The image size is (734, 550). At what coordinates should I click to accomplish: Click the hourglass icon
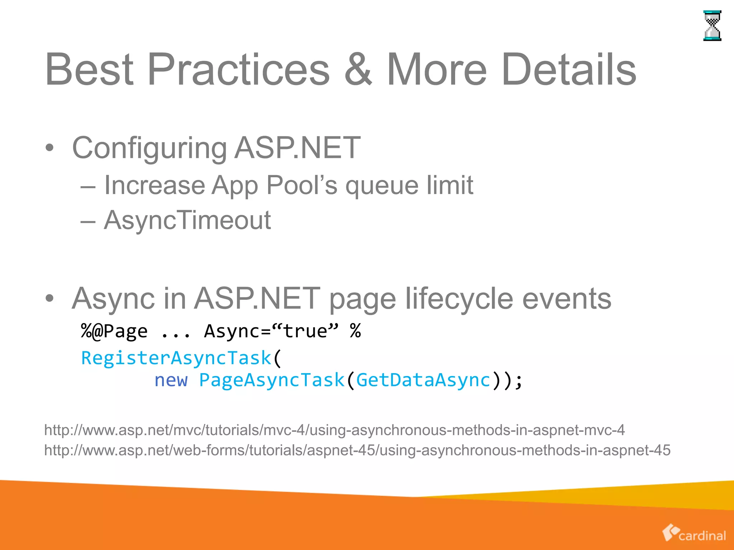coord(712,26)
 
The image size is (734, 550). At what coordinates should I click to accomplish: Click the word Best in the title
coord(89,69)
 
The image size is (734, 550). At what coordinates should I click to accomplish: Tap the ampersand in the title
coord(358,69)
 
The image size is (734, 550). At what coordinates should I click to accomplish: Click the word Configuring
coord(149,148)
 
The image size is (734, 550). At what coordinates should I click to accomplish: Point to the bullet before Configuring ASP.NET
coord(50,148)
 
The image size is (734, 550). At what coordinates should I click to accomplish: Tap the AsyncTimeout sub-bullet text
coord(187,220)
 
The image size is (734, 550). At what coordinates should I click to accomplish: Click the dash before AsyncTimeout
coord(88,222)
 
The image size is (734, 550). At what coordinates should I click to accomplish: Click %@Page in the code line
coord(114,331)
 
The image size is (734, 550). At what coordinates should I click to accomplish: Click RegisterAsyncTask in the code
coord(176,358)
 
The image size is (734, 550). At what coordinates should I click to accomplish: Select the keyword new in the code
coord(171,380)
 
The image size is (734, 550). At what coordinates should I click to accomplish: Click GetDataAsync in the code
coord(423,380)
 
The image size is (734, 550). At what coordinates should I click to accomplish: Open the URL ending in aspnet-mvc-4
coord(334,430)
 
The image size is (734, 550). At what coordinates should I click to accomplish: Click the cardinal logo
coord(694,534)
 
